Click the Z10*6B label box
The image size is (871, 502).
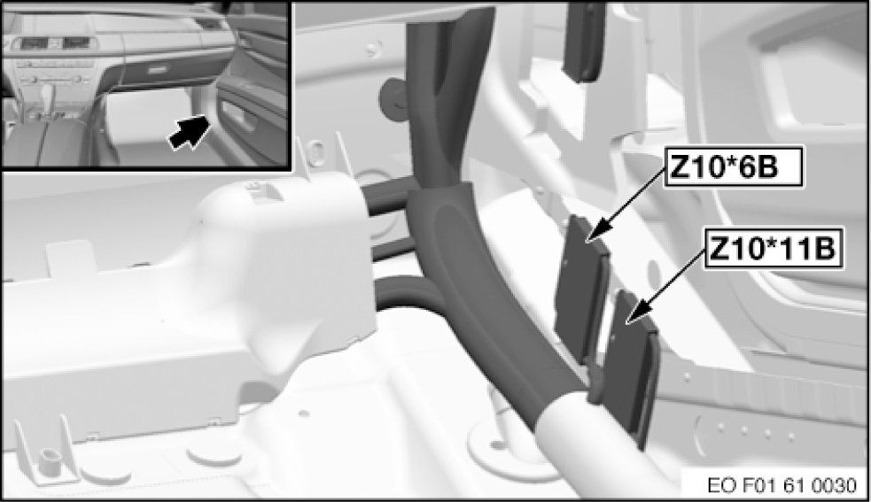(x=734, y=166)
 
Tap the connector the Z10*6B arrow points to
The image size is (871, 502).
(x=583, y=289)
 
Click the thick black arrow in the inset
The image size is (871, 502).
(x=190, y=131)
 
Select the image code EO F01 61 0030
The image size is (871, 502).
(x=782, y=486)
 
